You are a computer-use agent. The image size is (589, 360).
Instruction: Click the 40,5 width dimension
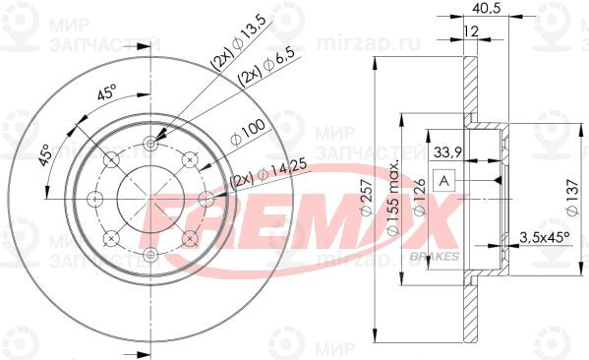coord(486,8)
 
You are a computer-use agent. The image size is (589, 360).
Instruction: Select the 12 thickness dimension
coord(471,31)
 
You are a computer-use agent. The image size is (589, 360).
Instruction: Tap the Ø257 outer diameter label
coord(367,198)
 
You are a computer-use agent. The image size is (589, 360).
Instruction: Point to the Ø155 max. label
coord(392,199)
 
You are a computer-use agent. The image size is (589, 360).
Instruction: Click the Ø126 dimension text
coord(420,197)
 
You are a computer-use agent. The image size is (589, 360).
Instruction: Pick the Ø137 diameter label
coord(573,198)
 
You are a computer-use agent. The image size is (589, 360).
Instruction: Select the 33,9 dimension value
coord(447,152)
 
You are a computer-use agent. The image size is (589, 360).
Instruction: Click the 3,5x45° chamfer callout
coord(545,237)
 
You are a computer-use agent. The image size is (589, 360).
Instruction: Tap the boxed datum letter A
coord(444,181)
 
